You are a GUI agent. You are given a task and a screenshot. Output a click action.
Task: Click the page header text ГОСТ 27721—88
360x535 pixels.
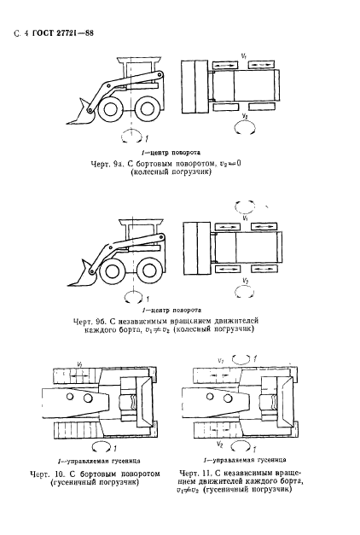tap(63, 33)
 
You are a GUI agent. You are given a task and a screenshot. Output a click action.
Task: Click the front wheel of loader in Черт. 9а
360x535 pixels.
tap(109, 109)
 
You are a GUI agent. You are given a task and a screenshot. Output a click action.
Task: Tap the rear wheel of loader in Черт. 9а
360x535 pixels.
tap(147, 108)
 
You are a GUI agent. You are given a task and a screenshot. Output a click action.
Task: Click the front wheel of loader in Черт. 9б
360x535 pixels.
tap(112, 270)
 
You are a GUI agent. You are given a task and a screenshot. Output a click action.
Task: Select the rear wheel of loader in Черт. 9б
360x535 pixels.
tap(148, 270)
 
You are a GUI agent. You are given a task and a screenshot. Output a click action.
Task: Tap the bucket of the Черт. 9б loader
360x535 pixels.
tap(83, 274)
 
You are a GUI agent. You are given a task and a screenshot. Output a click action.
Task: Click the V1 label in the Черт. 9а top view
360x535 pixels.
tap(244, 56)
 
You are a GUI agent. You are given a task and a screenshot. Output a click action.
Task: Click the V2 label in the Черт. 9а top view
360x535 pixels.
tap(245, 117)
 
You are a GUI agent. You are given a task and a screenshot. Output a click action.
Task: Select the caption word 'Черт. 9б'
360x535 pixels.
tap(90, 322)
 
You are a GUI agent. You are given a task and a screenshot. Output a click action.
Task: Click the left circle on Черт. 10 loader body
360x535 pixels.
tap(70, 397)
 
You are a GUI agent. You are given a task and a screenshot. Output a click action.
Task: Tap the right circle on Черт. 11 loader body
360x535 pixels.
tap(227, 398)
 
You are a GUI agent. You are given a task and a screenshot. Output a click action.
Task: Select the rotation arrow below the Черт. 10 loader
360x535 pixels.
tap(102, 446)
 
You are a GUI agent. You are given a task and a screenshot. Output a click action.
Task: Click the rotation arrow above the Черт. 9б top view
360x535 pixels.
tap(245, 206)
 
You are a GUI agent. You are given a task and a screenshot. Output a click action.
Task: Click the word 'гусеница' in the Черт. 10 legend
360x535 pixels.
tap(125, 462)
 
